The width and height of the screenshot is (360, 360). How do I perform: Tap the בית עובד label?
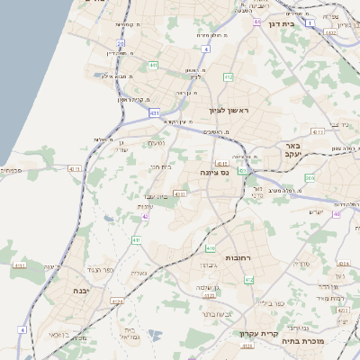click(x=154, y=196)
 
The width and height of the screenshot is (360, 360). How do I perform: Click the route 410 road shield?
click(x=211, y=247)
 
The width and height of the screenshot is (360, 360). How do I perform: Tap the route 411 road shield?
click(x=136, y=240)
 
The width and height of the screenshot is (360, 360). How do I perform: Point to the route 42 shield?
click(x=145, y=216)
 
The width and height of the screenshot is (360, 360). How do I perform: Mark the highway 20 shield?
click(x=121, y=42)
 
